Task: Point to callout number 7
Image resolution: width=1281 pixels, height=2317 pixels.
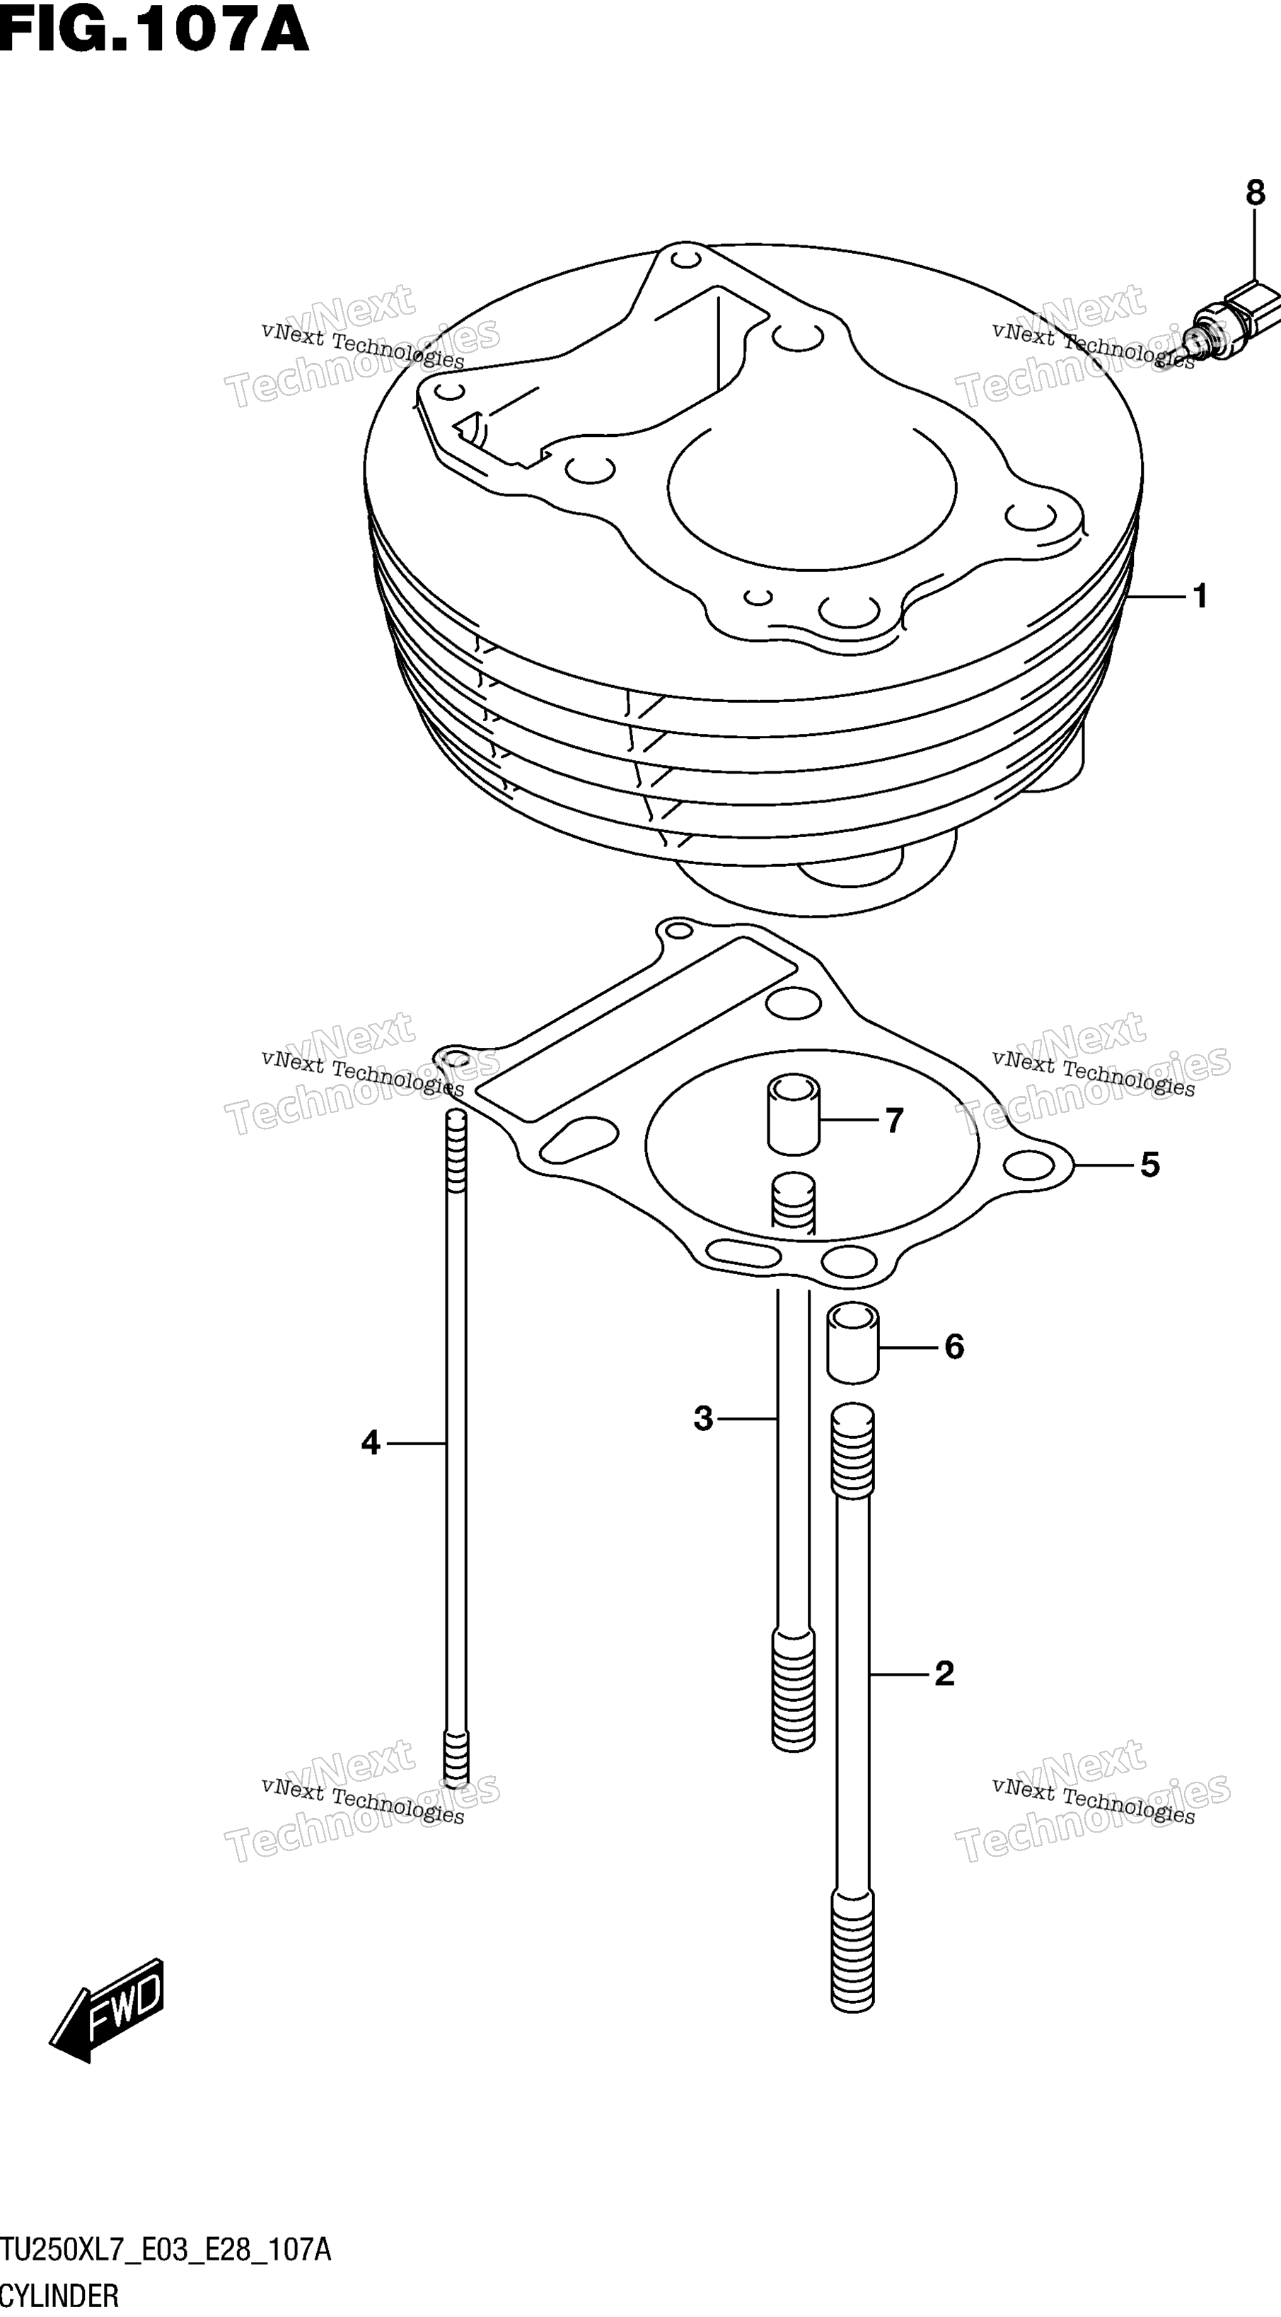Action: pyautogui.click(x=893, y=1121)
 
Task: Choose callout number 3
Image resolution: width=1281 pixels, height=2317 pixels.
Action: pyautogui.click(x=704, y=1418)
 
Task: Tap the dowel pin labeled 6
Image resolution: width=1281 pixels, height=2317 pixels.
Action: pyautogui.click(x=853, y=1345)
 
